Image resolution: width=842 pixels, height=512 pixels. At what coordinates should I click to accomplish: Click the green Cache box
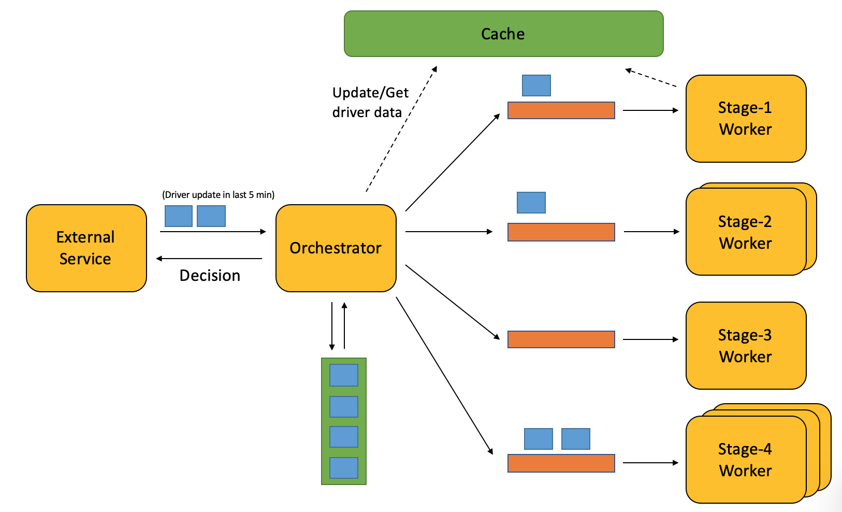click(504, 34)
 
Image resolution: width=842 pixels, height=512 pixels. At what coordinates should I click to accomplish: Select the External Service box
click(86, 248)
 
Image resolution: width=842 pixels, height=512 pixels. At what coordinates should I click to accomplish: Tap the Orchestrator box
click(336, 248)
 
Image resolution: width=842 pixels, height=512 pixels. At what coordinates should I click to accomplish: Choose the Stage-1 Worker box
click(746, 119)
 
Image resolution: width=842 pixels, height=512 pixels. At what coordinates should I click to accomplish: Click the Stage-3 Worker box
click(746, 346)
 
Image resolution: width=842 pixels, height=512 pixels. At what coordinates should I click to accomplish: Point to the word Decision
click(210, 275)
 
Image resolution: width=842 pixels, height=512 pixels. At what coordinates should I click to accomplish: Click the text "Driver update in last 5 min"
click(219, 195)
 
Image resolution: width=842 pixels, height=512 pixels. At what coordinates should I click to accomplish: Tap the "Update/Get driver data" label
click(370, 102)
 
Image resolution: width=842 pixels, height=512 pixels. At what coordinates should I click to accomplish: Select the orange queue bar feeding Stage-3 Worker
click(561, 339)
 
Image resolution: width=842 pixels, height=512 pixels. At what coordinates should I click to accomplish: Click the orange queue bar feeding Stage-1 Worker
click(561, 110)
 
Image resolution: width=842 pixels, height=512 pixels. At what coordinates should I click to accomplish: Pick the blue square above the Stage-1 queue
click(536, 86)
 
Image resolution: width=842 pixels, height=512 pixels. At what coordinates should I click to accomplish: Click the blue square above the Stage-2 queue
click(531, 203)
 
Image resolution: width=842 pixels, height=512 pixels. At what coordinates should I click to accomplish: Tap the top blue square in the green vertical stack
click(343, 375)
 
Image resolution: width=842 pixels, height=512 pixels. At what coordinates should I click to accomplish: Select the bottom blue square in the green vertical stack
click(343, 468)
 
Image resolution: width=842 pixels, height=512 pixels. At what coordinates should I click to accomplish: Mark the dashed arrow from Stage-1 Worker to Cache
click(651, 78)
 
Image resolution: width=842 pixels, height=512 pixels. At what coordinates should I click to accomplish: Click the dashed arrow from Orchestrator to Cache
click(401, 129)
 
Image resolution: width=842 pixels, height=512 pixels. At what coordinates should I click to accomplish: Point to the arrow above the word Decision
click(209, 259)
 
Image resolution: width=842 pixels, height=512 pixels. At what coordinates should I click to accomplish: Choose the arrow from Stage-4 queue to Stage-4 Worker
click(651, 463)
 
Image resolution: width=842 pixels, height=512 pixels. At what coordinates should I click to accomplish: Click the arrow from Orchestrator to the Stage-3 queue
click(453, 302)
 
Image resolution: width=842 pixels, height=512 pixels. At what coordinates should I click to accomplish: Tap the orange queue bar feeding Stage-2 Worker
click(561, 232)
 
